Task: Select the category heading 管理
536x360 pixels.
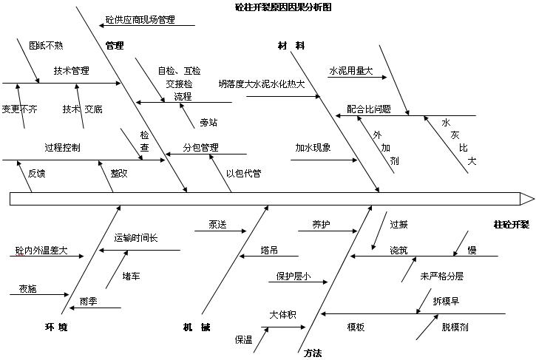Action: [114, 46]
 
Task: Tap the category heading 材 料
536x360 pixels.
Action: [291, 46]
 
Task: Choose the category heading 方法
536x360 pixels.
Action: [313, 353]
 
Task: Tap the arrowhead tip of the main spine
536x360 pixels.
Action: [533, 198]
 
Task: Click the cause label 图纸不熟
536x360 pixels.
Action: [46, 46]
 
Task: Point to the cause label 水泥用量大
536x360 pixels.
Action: [350, 72]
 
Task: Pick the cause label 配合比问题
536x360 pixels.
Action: [369, 109]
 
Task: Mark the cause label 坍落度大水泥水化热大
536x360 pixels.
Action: [262, 84]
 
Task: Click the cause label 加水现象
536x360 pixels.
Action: [313, 147]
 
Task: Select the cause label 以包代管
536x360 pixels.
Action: [243, 174]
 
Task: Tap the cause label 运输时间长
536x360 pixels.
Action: [136, 238]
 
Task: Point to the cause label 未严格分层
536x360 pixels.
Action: [442, 276]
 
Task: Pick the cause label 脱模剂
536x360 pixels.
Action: [455, 327]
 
